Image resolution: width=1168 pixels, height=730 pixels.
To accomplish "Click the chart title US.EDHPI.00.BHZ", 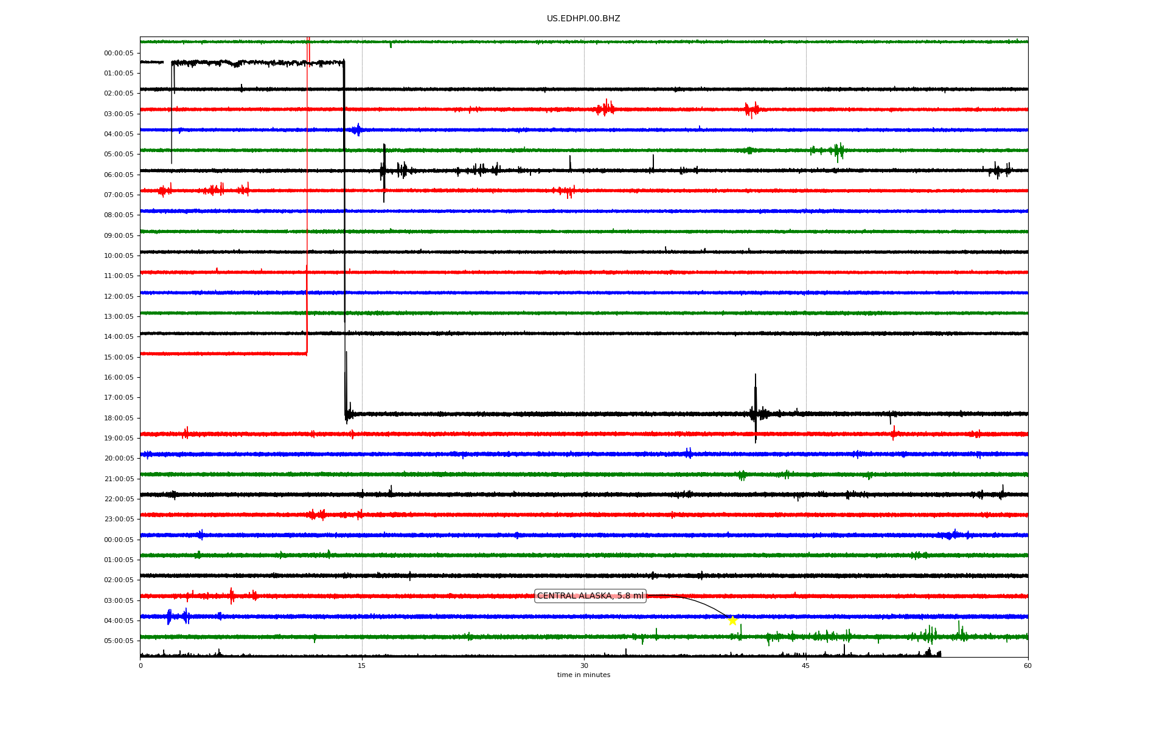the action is click(583, 19).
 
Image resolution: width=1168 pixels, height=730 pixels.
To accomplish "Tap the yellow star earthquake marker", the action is click(732, 620).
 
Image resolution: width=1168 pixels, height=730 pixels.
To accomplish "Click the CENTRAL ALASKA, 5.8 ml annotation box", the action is click(590, 596).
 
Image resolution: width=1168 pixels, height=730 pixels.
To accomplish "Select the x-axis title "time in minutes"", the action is click(583, 675).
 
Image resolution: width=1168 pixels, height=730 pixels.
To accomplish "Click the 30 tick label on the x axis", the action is click(584, 666).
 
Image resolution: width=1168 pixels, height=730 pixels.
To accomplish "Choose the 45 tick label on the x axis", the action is click(806, 666).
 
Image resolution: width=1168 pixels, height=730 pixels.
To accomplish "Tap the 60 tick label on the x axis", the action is click(1027, 666).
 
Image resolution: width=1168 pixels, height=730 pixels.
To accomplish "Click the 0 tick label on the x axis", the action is click(141, 666).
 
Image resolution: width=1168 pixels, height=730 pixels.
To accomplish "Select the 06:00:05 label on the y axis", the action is click(119, 175).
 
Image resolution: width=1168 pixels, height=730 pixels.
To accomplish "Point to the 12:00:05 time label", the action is click(119, 296).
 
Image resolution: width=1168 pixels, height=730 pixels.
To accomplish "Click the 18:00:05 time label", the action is click(119, 418).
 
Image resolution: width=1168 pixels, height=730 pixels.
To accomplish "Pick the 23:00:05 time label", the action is click(119, 519).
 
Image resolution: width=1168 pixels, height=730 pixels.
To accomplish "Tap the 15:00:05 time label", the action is click(119, 357).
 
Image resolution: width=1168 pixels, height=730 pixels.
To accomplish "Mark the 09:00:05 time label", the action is click(119, 235).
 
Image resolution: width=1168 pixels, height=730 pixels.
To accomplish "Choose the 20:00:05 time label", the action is click(119, 458).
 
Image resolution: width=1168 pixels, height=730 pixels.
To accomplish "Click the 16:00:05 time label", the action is click(119, 377).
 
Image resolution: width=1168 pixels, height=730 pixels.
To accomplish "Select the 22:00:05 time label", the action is click(119, 499).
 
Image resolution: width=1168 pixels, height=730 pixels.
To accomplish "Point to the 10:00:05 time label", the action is click(119, 255).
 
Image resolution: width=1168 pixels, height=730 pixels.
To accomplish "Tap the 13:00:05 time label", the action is click(119, 316).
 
